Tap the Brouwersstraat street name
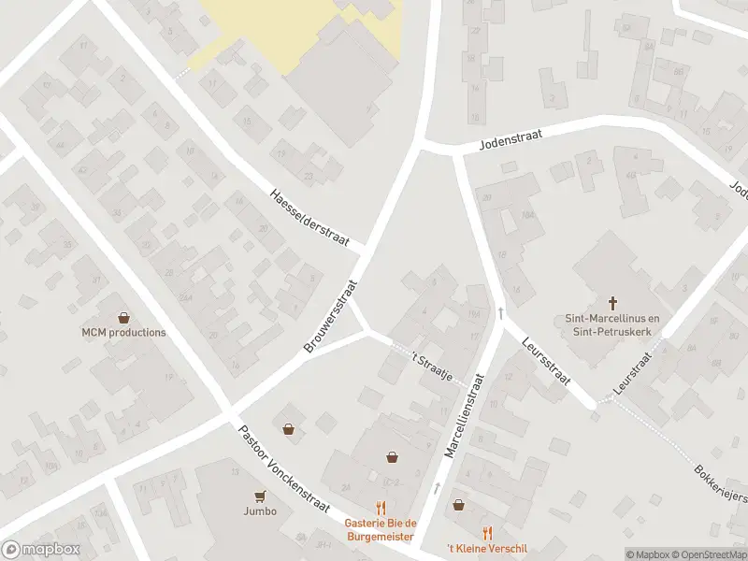(x=332, y=316)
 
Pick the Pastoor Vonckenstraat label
(x=283, y=470)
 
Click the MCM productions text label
(x=123, y=332)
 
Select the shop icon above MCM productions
(x=123, y=317)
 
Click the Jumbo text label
(x=260, y=511)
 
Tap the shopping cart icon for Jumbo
(x=260, y=496)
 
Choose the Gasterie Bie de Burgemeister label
(x=380, y=529)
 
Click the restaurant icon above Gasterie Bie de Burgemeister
(x=380, y=508)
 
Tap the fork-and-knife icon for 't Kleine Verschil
(x=486, y=533)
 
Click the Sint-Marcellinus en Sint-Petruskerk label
(x=614, y=324)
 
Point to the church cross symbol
(x=614, y=302)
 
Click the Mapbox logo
(x=41, y=549)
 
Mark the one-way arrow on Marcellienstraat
(x=437, y=487)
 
